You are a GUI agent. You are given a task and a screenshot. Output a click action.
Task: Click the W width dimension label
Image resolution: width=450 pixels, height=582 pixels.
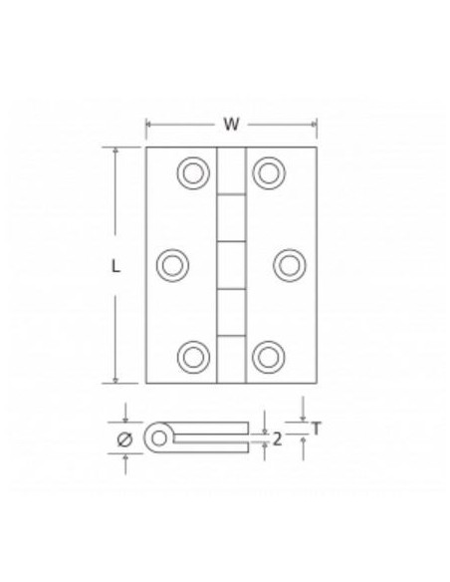pos(231,125)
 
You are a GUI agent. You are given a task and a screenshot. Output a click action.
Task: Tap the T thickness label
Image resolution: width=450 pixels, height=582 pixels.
pos(316,429)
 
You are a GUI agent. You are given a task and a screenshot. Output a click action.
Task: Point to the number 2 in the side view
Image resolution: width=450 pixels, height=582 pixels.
pos(278,436)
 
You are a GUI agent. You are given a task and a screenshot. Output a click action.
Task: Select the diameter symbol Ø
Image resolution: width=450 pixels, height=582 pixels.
pos(124,438)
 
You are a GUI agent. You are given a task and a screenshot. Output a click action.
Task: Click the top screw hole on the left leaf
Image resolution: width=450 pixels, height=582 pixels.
pos(191,173)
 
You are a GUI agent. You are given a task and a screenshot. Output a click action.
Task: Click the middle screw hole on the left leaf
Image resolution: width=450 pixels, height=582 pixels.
pos(173,264)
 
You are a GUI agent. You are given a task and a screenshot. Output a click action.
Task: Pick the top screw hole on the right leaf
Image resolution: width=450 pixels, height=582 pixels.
pos(268,173)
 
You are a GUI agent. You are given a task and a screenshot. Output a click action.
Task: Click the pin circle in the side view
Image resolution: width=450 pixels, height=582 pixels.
pos(157,437)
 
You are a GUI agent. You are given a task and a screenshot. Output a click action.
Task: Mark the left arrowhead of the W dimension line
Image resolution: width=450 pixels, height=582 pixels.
pos(150,125)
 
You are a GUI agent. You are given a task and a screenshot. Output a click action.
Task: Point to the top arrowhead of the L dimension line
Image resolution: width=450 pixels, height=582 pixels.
pos(116,152)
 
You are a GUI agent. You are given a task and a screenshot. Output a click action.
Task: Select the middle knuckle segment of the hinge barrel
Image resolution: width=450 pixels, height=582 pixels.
pos(231,265)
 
